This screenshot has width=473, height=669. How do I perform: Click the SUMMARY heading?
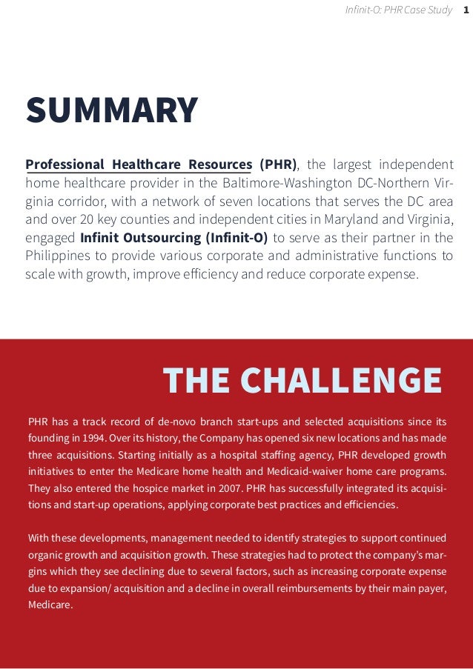pyautogui.click(x=112, y=110)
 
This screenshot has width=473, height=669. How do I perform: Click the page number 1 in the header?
pyautogui.click(x=466, y=10)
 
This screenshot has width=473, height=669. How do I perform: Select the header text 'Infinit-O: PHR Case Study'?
pyautogui.click(x=398, y=10)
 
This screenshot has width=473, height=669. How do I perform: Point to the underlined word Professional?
pyautogui.click(x=65, y=164)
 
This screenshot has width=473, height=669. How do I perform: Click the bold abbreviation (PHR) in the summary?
pyautogui.click(x=278, y=164)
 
